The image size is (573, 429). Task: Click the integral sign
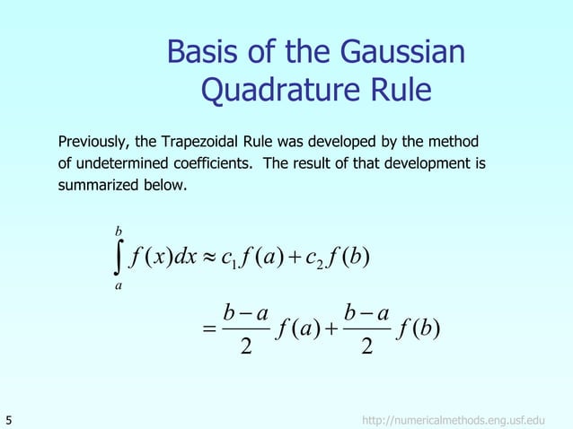[119, 258]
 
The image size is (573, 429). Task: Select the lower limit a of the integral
[119, 286]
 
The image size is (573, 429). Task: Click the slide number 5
[9, 418]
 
